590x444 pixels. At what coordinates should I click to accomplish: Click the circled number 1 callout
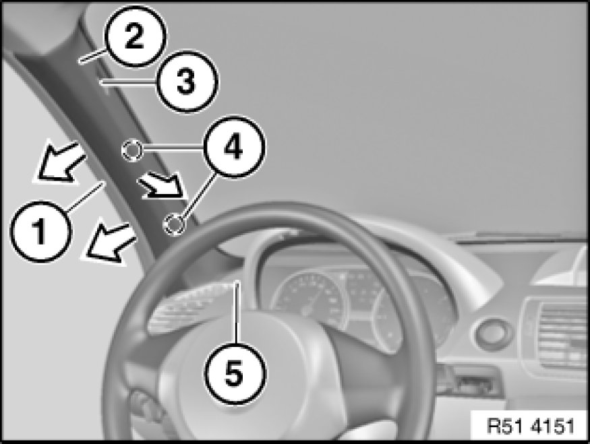click(40, 231)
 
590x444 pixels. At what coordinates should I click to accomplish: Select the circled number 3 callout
click(186, 82)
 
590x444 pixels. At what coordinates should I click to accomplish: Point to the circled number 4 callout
click(233, 147)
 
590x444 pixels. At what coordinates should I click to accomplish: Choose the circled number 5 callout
click(235, 373)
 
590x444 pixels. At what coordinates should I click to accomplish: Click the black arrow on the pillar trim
click(163, 186)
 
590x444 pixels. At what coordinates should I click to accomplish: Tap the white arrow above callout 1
click(59, 162)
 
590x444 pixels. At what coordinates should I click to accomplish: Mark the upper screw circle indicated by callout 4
click(131, 150)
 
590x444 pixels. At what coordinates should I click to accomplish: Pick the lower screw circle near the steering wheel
click(173, 225)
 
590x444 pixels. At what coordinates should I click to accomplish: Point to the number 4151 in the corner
click(553, 426)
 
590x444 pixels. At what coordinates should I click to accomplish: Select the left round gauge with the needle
click(309, 299)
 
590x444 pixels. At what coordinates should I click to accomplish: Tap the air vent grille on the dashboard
click(560, 336)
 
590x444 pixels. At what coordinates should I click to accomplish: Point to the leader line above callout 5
click(237, 312)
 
